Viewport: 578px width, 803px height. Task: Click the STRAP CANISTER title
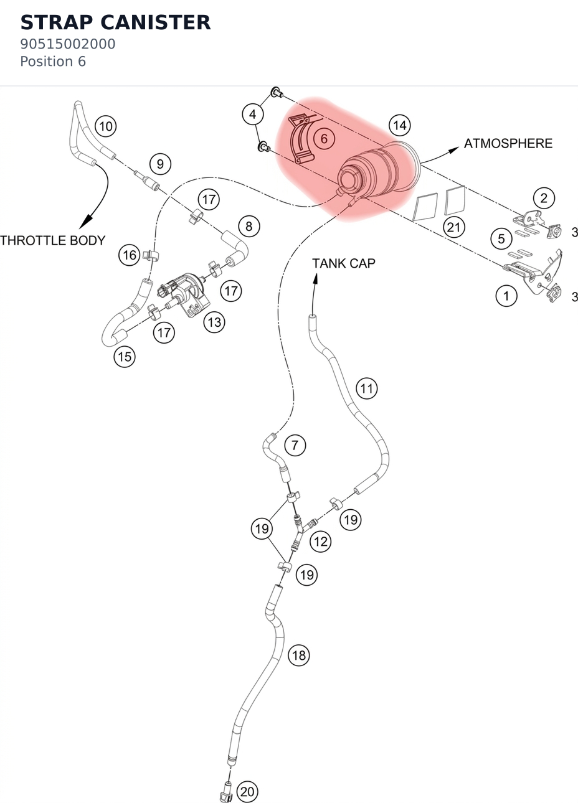[x=115, y=22]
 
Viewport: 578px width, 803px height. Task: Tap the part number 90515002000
[x=67, y=44]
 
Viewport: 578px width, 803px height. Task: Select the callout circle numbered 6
[x=324, y=139]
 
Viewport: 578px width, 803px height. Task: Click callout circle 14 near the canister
[x=400, y=126]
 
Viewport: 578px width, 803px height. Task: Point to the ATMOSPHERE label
[x=508, y=143]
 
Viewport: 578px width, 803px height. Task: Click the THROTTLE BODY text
[x=53, y=240]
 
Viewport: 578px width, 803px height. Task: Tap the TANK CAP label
[x=344, y=263]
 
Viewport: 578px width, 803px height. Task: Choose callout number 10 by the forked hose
[x=106, y=126]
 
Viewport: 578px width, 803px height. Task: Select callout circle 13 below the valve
[x=214, y=322]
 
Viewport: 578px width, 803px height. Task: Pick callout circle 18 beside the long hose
[x=299, y=655]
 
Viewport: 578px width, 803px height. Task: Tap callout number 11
[x=367, y=388]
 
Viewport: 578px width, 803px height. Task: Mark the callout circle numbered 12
[x=320, y=542]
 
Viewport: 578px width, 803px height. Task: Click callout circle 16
[x=130, y=255]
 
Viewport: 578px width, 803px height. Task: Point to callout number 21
[x=454, y=227]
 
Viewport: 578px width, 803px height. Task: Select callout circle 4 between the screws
[x=253, y=115]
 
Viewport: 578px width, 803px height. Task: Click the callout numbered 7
[x=295, y=446]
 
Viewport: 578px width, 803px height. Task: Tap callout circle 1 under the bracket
[x=506, y=296]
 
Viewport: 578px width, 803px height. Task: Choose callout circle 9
[x=160, y=164]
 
